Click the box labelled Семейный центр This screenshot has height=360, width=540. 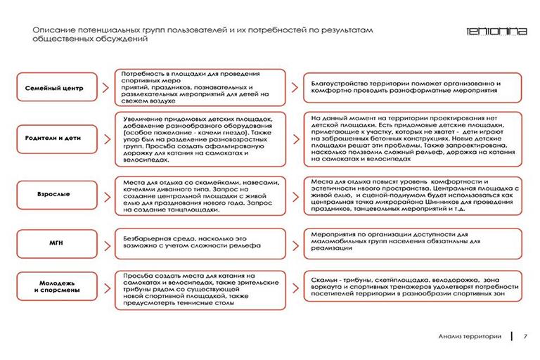pos(54,89)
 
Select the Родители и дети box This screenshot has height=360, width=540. pos(54,139)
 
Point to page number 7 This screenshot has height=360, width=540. pos(525,336)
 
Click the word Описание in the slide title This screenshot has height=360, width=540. pos(53,30)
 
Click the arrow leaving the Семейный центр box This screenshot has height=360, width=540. pos(103,89)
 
